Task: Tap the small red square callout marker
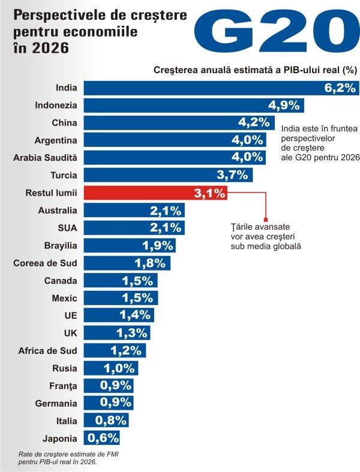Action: pyautogui.click(x=266, y=220)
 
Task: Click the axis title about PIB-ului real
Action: pyautogui.click(x=256, y=70)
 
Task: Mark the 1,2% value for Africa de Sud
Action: pyautogui.click(x=126, y=350)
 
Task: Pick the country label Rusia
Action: pyautogui.click(x=64, y=368)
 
